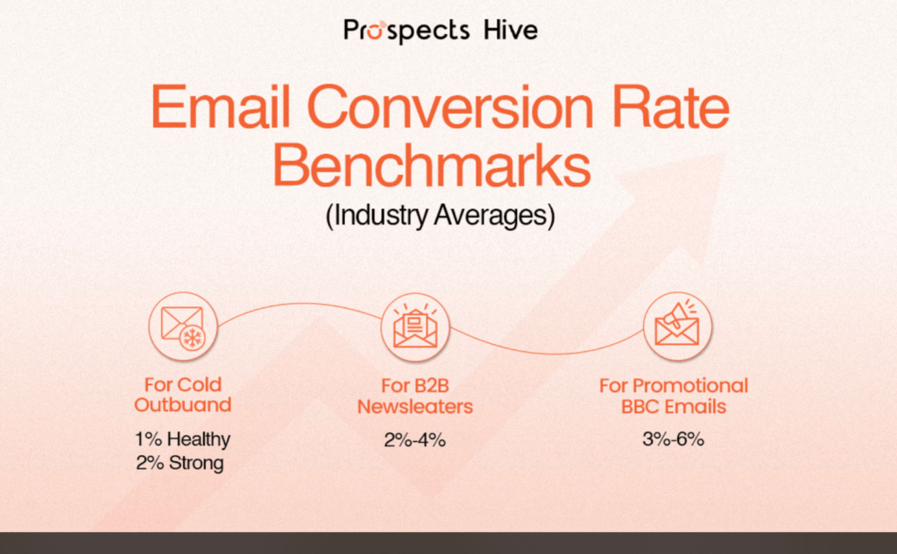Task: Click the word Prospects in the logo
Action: (x=407, y=32)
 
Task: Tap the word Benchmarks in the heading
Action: (x=431, y=165)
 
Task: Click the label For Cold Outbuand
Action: (x=183, y=396)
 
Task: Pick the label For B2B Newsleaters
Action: (x=415, y=396)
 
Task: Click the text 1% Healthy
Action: (x=183, y=439)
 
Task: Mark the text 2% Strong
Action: (x=180, y=462)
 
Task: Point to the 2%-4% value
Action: (x=415, y=439)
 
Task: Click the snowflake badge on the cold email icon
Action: (x=191, y=339)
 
